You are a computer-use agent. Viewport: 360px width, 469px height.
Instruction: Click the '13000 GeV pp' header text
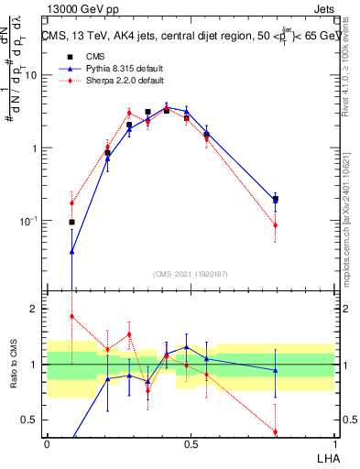(x=74, y=8)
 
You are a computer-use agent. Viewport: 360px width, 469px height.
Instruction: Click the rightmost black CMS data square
(x=276, y=199)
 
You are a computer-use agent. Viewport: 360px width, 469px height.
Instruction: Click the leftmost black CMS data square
(x=71, y=222)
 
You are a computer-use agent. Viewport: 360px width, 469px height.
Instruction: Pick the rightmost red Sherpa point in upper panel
(x=276, y=225)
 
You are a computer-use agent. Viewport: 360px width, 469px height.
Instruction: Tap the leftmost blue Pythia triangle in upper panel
(x=71, y=251)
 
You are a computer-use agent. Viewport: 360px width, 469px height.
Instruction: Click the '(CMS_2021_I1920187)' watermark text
(x=190, y=273)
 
